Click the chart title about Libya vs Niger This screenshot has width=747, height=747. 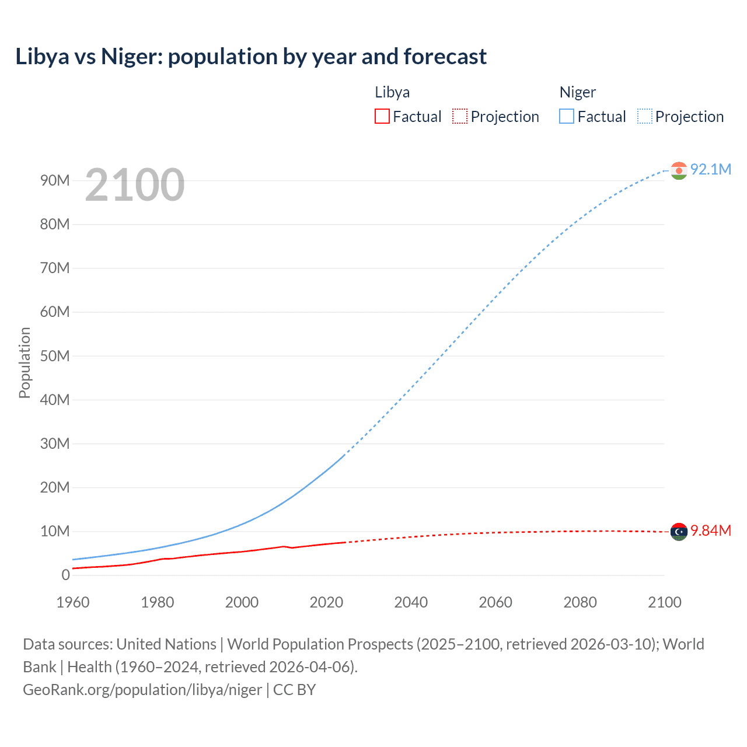(x=251, y=57)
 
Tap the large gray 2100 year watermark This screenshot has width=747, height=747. (x=135, y=185)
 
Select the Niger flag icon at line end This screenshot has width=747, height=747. (x=679, y=170)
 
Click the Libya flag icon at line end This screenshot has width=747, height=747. (x=679, y=532)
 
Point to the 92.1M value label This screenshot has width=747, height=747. (x=710, y=169)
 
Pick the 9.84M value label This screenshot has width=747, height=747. (x=710, y=530)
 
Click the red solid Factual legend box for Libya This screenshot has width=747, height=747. (x=382, y=117)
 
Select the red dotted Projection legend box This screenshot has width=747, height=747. (x=460, y=117)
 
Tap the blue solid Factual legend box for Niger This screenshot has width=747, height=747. (x=567, y=117)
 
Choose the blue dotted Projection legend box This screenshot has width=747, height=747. (x=645, y=117)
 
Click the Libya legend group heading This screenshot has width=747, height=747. (x=392, y=92)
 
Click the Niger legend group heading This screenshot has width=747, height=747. (x=578, y=92)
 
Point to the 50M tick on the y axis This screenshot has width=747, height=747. (x=55, y=356)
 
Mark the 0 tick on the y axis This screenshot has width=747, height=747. (x=65, y=575)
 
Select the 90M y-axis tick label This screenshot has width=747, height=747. (x=55, y=180)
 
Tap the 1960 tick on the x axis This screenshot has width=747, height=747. (x=73, y=602)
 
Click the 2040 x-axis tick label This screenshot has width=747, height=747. (x=411, y=602)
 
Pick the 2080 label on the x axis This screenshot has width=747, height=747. (x=580, y=602)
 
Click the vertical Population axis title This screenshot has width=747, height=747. (x=25, y=362)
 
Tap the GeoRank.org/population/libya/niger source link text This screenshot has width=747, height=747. (x=142, y=690)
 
